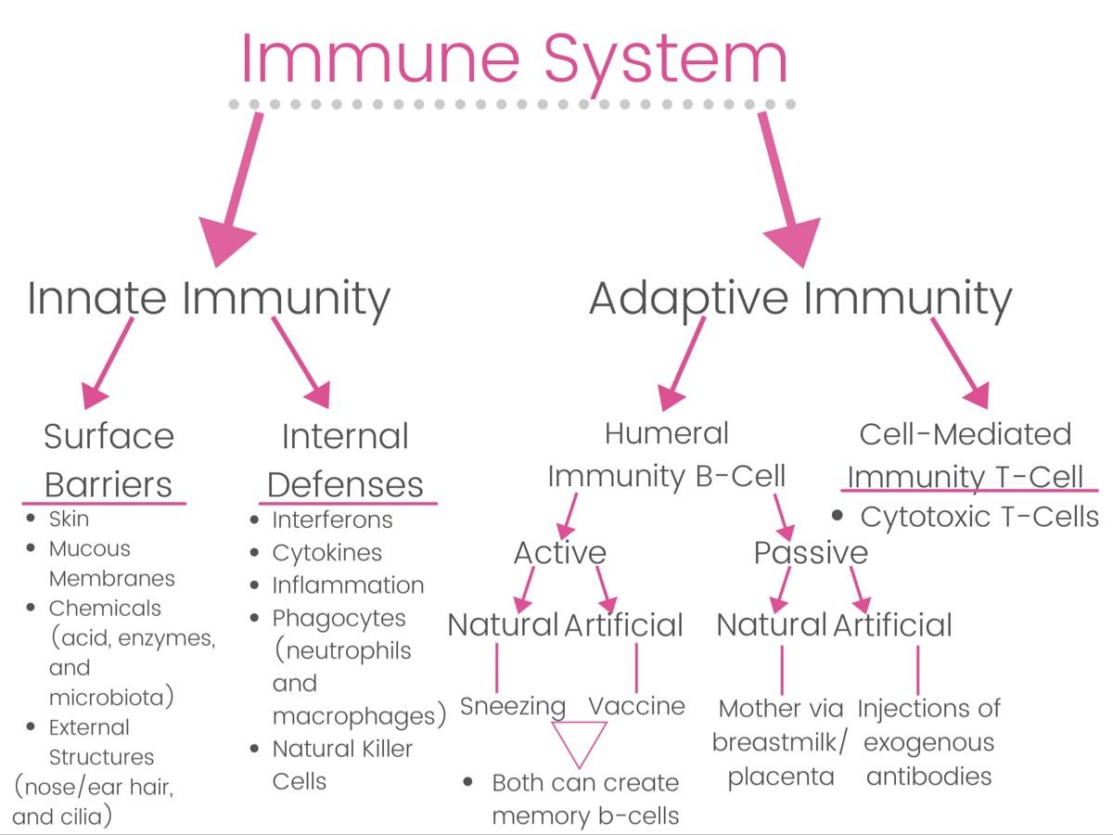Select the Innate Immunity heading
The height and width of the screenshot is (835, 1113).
tap(209, 299)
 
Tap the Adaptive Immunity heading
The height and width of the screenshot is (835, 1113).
tap(800, 299)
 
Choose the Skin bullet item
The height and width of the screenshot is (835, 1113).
tap(69, 519)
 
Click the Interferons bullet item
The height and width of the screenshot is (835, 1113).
tap(332, 520)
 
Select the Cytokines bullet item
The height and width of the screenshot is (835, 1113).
tap(326, 553)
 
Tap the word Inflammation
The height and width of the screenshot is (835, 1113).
tap(348, 585)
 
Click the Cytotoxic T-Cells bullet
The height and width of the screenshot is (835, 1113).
tap(979, 517)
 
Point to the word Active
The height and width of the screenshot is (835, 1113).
tap(560, 553)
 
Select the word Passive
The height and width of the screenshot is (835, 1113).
tap(811, 553)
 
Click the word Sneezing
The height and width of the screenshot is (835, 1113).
tap(513, 706)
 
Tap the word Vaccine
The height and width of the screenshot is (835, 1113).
tap(637, 706)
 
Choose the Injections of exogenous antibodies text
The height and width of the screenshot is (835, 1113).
tap(928, 742)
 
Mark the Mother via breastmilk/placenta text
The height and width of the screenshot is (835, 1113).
tap(781, 742)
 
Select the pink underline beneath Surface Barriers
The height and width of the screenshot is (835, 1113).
tap(104, 504)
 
